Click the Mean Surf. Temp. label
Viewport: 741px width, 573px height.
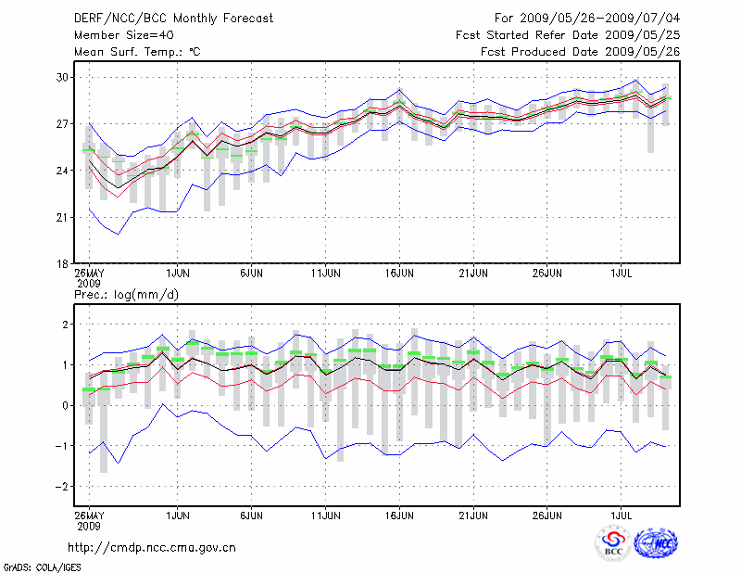click(x=136, y=51)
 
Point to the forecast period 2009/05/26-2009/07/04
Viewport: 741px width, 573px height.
click(x=587, y=18)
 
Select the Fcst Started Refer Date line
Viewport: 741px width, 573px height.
click(x=568, y=34)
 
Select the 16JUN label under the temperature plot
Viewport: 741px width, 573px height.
click(x=399, y=274)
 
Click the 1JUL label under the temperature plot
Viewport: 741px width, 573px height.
click(x=621, y=274)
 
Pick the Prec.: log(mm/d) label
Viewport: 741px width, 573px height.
click(x=126, y=295)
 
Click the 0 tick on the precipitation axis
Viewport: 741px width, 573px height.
click(x=65, y=405)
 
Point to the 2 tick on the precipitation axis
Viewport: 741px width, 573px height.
click(x=65, y=324)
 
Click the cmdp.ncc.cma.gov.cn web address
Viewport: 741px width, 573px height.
click(x=152, y=547)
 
